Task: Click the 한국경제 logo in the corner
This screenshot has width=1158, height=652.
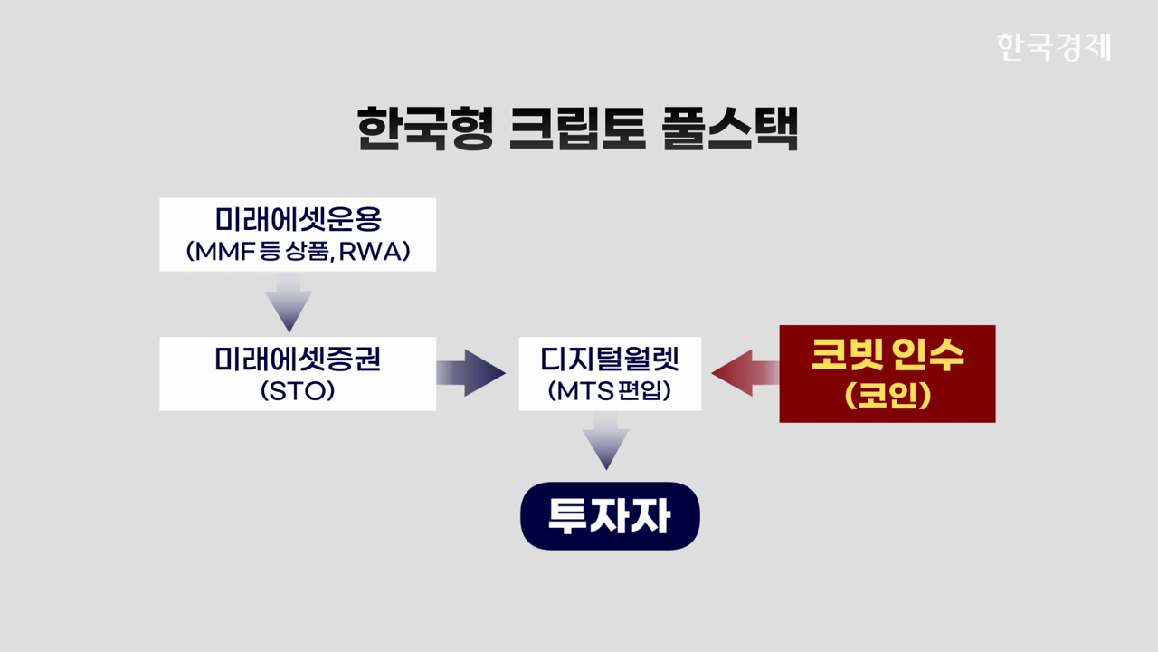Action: pyautogui.click(x=1053, y=46)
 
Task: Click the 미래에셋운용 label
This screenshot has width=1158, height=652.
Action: pyautogui.click(x=298, y=220)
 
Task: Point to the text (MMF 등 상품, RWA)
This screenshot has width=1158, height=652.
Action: pyautogui.click(x=298, y=251)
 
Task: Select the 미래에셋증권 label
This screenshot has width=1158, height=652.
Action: pyautogui.click(x=298, y=360)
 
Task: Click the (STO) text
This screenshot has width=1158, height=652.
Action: pyautogui.click(x=298, y=392)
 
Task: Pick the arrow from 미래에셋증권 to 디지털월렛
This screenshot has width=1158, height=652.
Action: pyautogui.click(x=470, y=373)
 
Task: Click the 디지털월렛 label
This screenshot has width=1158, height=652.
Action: pyautogui.click(x=610, y=360)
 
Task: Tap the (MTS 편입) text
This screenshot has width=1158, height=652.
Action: pyautogui.click(x=610, y=392)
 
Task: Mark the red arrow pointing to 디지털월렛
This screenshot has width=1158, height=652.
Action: pyautogui.click(x=744, y=373)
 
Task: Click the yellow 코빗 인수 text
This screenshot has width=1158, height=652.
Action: pyautogui.click(x=887, y=356)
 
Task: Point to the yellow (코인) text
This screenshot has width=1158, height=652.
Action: pyautogui.click(x=887, y=397)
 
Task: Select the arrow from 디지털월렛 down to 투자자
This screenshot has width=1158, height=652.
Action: pyautogui.click(x=605, y=441)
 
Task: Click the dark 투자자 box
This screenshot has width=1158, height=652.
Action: pyautogui.click(x=610, y=516)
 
